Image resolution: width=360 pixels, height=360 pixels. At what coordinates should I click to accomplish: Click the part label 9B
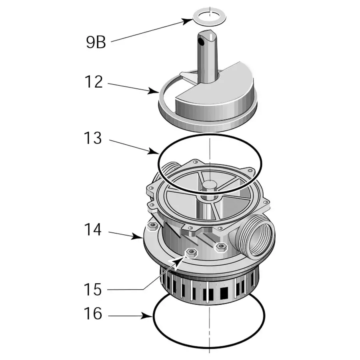[96, 42]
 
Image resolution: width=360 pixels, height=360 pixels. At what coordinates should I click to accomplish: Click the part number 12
[94, 82]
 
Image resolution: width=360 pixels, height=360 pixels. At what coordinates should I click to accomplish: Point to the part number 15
[93, 289]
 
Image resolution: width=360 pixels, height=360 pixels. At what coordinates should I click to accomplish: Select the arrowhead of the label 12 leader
[157, 92]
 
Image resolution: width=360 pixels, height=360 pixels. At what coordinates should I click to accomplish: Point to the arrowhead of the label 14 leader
[140, 237]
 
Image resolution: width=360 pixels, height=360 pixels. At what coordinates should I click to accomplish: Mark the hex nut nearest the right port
[220, 246]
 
